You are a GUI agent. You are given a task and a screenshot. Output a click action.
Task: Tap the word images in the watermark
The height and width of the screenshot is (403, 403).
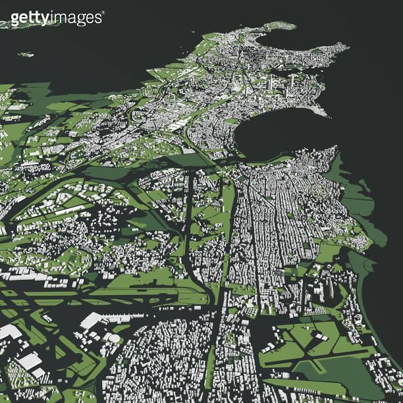pyautogui.click(x=78, y=17)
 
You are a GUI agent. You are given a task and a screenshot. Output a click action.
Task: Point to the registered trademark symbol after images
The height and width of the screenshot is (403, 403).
pyautogui.click(x=103, y=13)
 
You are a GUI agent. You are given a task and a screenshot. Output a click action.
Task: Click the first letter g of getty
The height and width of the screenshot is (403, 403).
pyautogui.click(x=15, y=18)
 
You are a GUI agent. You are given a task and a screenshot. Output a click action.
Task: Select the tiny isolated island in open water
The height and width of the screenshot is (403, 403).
pyautogui.click(x=26, y=54)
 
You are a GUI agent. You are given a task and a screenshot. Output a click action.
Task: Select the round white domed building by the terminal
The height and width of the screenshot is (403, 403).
pyautogui.click(x=114, y=338)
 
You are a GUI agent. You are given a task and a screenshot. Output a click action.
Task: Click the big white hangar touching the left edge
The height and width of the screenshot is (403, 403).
pyautogui.click(x=8, y=331)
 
